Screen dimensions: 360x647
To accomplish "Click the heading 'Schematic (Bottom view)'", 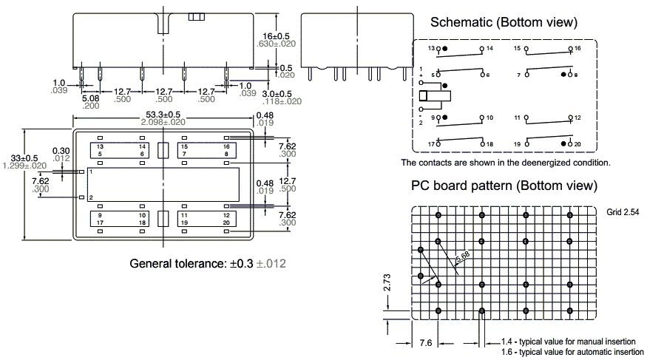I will [504, 23].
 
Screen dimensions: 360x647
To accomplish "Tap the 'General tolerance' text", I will [208, 263].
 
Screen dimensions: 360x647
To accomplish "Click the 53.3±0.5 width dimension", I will [158, 115].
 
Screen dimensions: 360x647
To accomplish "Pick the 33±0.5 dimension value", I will [16, 157].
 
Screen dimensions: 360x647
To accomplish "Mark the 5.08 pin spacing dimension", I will [91, 98].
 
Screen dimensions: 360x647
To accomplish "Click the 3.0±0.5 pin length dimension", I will [277, 94].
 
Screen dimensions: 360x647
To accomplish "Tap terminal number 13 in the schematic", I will [431, 48].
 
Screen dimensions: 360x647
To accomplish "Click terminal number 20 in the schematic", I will [577, 143].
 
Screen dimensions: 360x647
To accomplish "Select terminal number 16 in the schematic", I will [578, 48].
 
